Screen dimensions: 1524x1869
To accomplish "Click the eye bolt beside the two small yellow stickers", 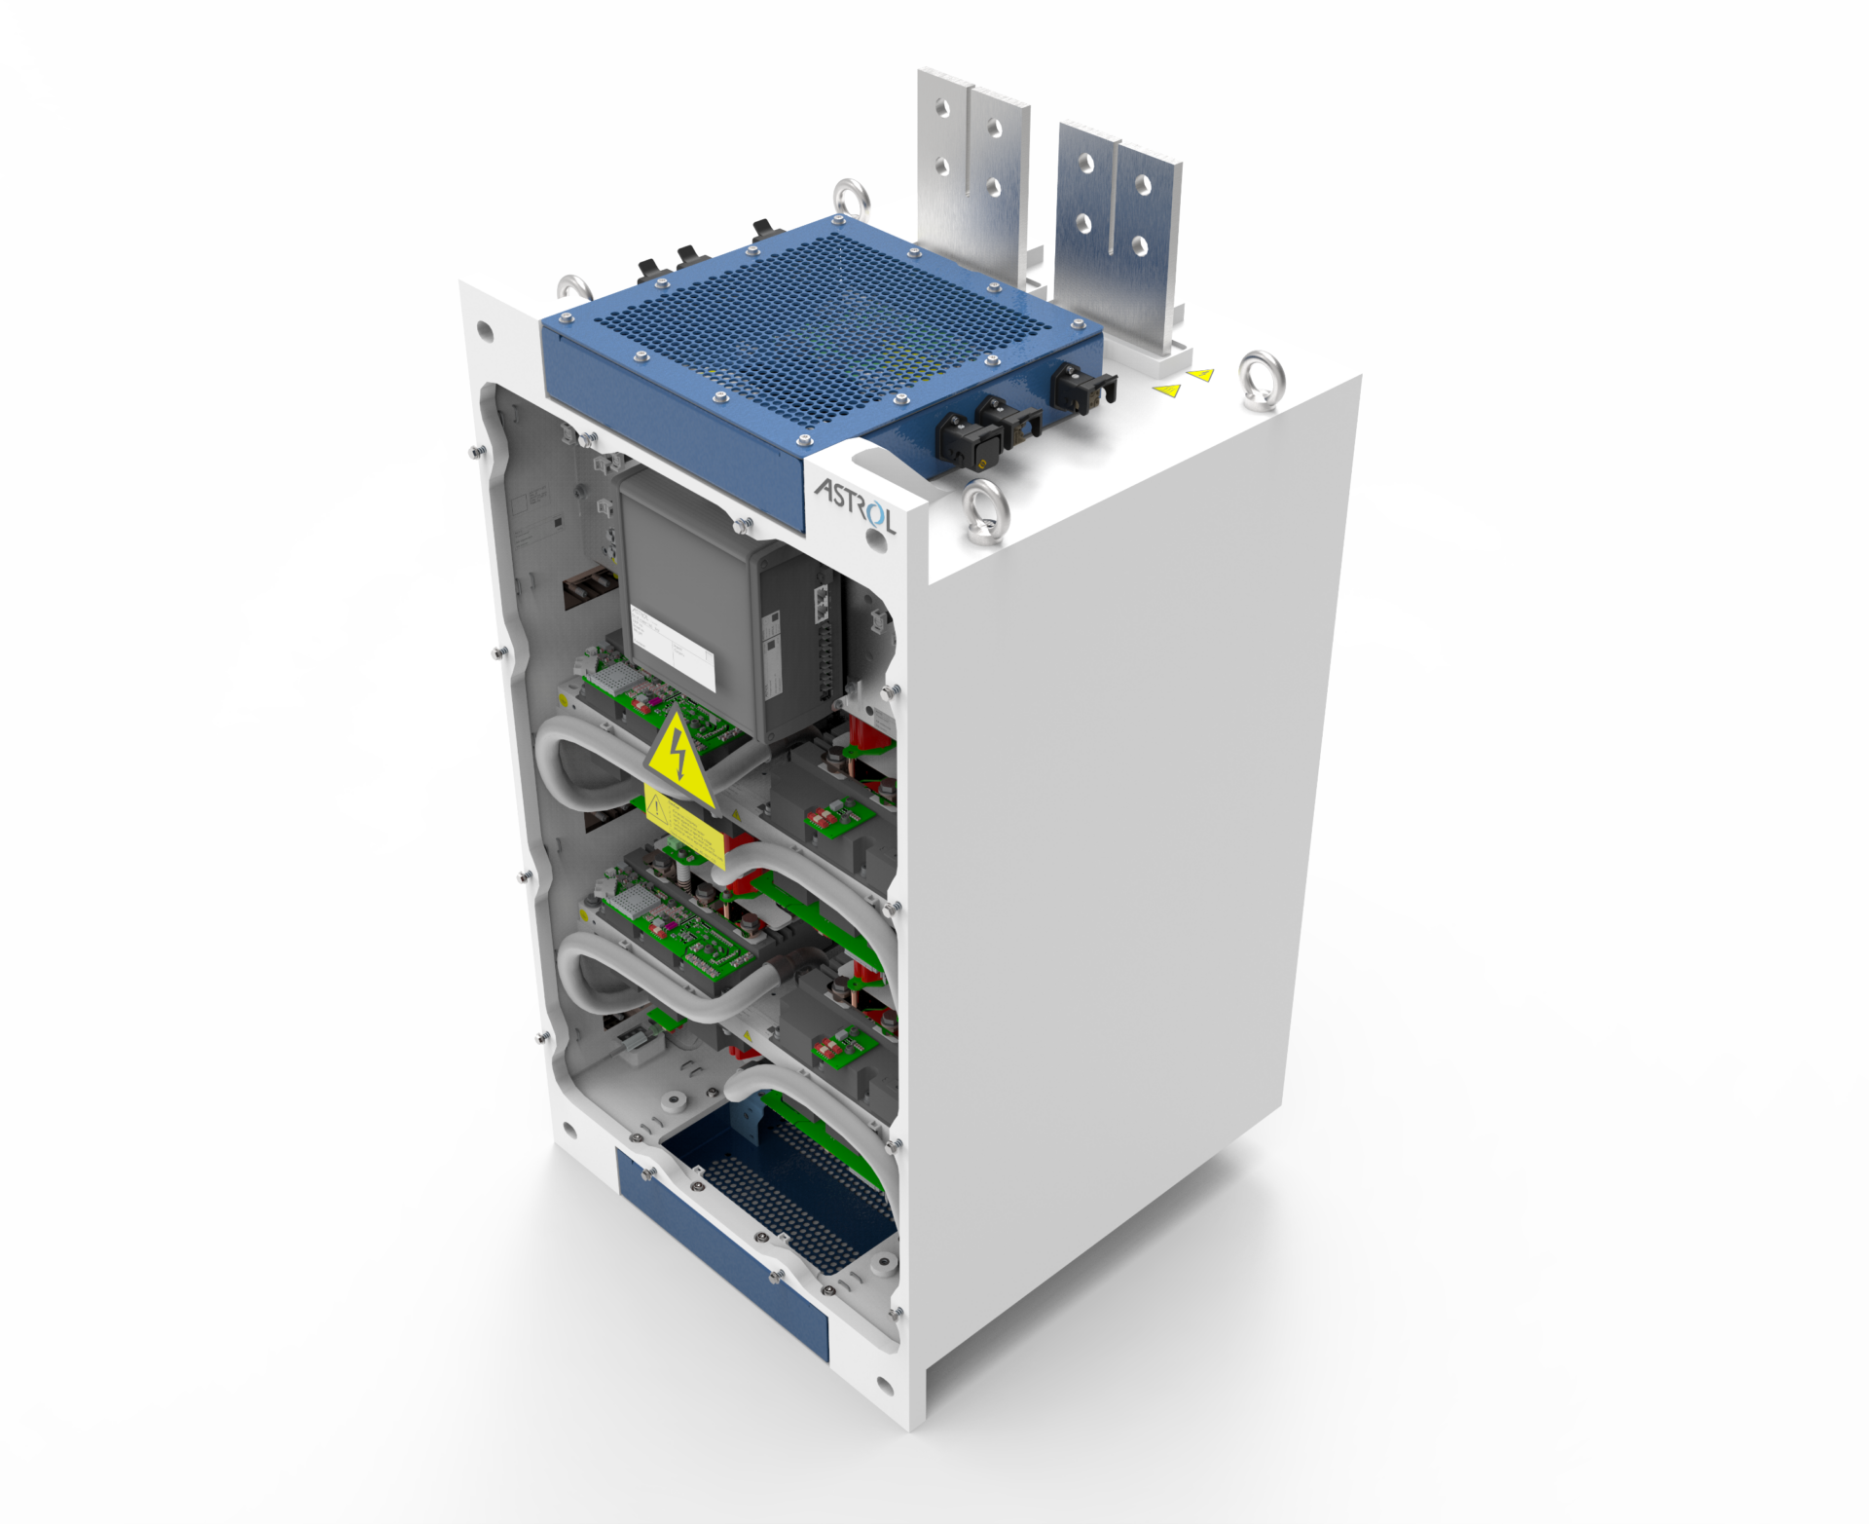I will pyautogui.click(x=1262, y=380).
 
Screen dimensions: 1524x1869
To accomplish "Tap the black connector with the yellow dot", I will pyautogui.click(x=956, y=435).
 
